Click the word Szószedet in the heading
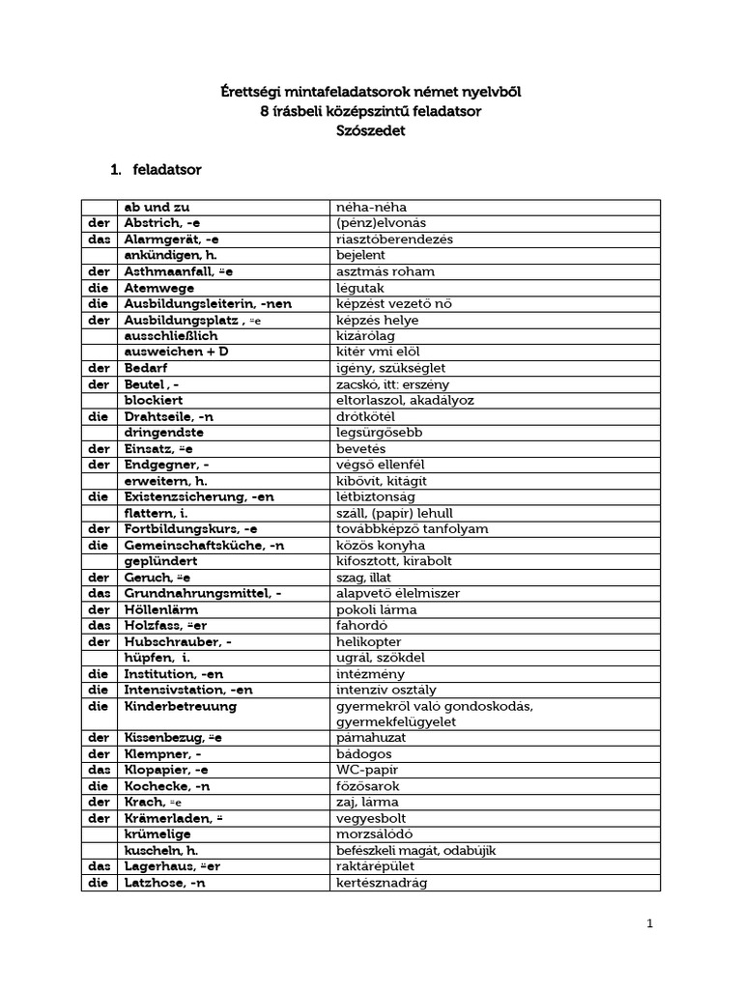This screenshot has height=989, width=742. coord(371,132)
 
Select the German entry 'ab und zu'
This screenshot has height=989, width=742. coord(157,207)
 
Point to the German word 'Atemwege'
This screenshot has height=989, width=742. coord(159,288)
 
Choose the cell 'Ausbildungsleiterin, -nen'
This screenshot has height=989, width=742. coord(208,303)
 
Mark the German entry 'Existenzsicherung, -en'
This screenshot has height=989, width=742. coord(200,496)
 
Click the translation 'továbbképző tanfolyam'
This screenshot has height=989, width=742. coord(412,529)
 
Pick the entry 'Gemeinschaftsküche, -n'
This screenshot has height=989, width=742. coord(202,545)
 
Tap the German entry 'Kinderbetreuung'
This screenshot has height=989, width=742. coord(181,706)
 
